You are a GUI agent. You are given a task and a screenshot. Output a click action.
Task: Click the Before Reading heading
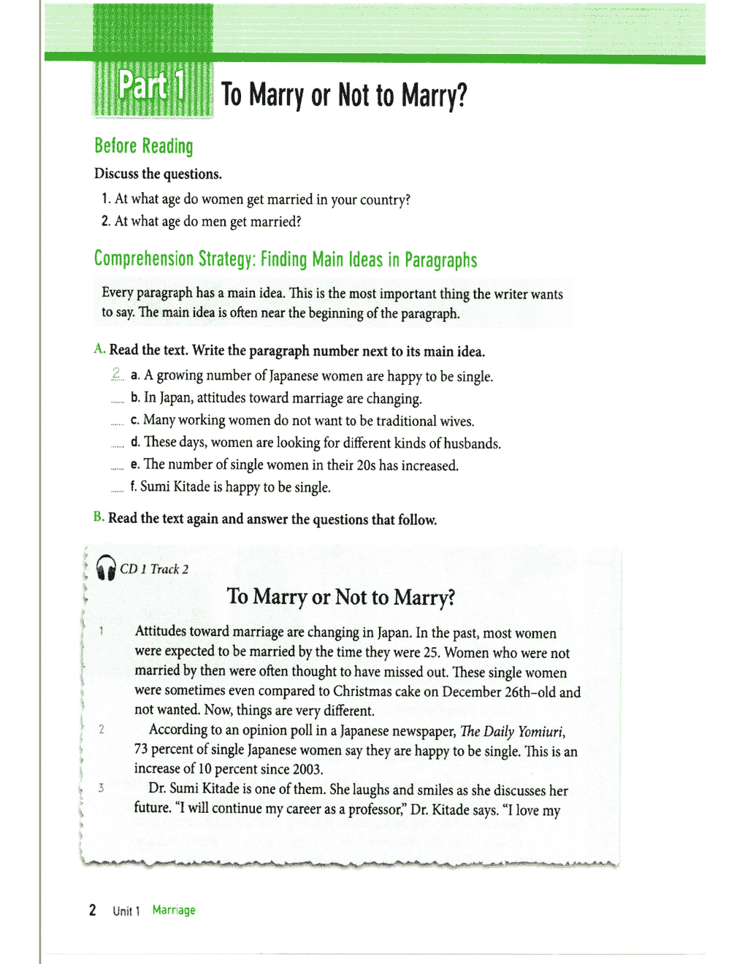pos(144,146)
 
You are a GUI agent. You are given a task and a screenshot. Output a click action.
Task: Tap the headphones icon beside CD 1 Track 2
pos(106,567)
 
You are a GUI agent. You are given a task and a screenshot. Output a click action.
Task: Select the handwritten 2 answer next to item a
pos(117,375)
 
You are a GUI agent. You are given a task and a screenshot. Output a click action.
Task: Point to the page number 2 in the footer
pos(93,910)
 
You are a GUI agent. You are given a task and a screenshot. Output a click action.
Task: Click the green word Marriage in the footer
pos(174,910)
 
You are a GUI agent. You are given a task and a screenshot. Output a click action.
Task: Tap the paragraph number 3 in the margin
pos(101,788)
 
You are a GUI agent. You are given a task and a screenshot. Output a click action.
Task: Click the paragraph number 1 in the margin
pos(101,631)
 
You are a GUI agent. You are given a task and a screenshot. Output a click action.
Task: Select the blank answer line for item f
pos(117,491)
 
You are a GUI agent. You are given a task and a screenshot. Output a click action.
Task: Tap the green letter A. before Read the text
pos(100,350)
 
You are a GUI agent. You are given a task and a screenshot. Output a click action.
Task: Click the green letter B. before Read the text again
pos(99,518)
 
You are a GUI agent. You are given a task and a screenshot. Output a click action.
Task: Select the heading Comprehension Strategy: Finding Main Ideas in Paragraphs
pos(286,260)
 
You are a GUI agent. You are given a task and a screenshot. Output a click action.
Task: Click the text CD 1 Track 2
pos(154,569)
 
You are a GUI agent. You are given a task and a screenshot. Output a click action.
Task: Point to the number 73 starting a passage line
pos(142,750)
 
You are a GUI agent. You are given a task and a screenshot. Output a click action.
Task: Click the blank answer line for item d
pos(117,446)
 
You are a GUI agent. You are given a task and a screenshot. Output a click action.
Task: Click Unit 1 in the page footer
pos(126,911)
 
